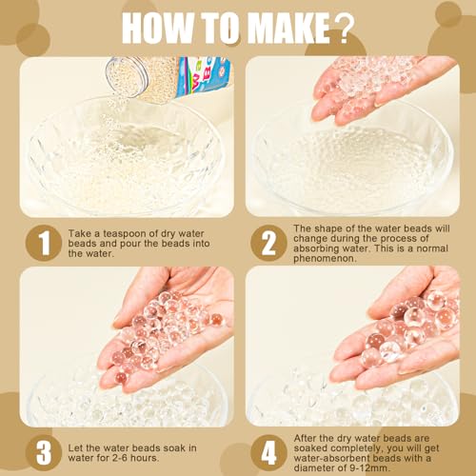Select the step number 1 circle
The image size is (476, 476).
[x=44, y=243]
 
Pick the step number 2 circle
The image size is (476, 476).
[x=268, y=243]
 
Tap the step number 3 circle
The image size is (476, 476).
[x=44, y=453]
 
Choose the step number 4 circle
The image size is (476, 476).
[x=268, y=453]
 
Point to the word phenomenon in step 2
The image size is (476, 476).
[x=325, y=259]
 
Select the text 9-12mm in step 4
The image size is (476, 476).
[x=372, y=468]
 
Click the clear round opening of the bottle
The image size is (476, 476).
[x=127, y=77]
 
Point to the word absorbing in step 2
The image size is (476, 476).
[x=316, y=248]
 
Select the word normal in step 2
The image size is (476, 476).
[x=432, y=248]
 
